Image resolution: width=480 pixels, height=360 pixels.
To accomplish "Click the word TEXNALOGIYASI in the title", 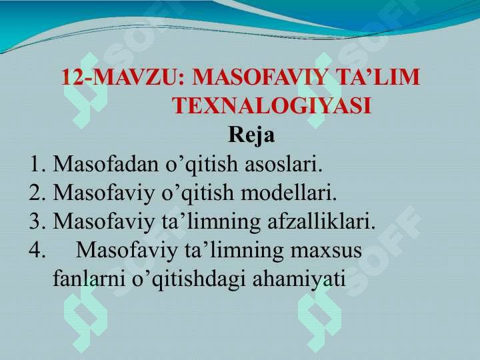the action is [x=272, y=106].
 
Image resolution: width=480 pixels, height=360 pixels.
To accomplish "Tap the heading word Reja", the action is [x=251, y=135].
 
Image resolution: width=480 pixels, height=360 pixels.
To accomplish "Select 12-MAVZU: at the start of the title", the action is [x=123, y=77].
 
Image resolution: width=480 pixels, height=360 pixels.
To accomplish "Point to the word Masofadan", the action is [x=106, y=164].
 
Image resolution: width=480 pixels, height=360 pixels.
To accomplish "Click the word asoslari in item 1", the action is [x=283, y=164].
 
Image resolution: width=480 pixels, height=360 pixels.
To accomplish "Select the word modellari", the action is [x=289, y=193].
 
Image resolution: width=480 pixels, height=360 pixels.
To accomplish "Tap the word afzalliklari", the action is [x=321, y=221].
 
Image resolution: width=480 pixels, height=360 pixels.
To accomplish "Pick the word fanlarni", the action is [x=89, y=279].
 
